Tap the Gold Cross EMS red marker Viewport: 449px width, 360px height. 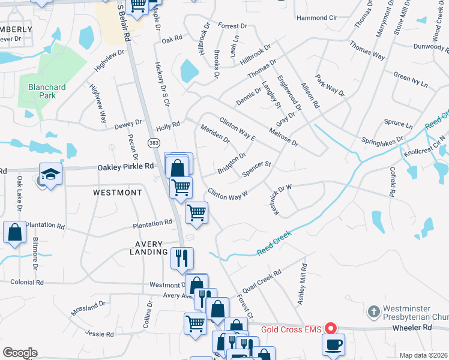(x=330, y=328)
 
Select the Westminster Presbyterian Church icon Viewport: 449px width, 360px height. (x=373, y=311)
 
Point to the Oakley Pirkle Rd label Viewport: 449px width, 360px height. (x=125, y=169)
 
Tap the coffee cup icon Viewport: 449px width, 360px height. (x=333, y=344)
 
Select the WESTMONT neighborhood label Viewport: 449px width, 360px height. (x=118, y=193)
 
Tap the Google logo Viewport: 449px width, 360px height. (x=19, y=353)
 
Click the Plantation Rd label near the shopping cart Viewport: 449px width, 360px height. (x=152, y=224)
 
